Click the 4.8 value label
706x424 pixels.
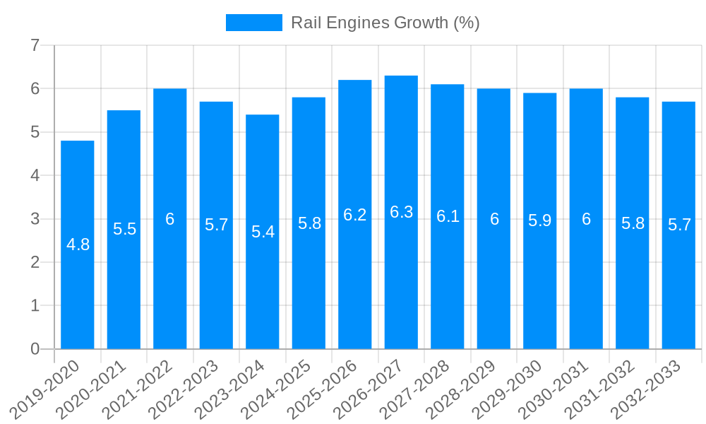click(78, 245)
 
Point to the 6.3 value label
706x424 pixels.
click(401, 212)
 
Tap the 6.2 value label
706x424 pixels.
click(355, 215)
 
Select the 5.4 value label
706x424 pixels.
click(263, 232)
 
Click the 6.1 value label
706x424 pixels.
click(448, 216)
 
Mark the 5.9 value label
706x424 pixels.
click(540, 220)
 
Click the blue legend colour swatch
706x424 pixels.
click(254, 23)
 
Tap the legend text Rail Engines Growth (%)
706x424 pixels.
click(385, 23)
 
